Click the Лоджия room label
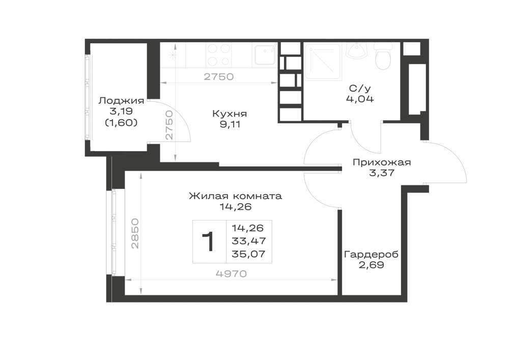[x=122, y=101]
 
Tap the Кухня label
[x=230, y=114]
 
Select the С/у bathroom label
[x=360, y=88]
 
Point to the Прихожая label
[x=382, y=162]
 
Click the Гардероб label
[x=371, y=255]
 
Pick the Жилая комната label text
[x=235, y=196]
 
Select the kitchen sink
[x=265, y=55]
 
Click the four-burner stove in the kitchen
[x=219, y=55]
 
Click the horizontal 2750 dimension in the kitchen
[x=219, y=76]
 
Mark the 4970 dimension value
[x=231, y=274]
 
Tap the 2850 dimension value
[x=135, y=234]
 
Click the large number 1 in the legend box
[x=208, y=241]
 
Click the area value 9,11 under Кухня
[x=230, y=124]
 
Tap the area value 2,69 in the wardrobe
[x=372, y=265]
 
